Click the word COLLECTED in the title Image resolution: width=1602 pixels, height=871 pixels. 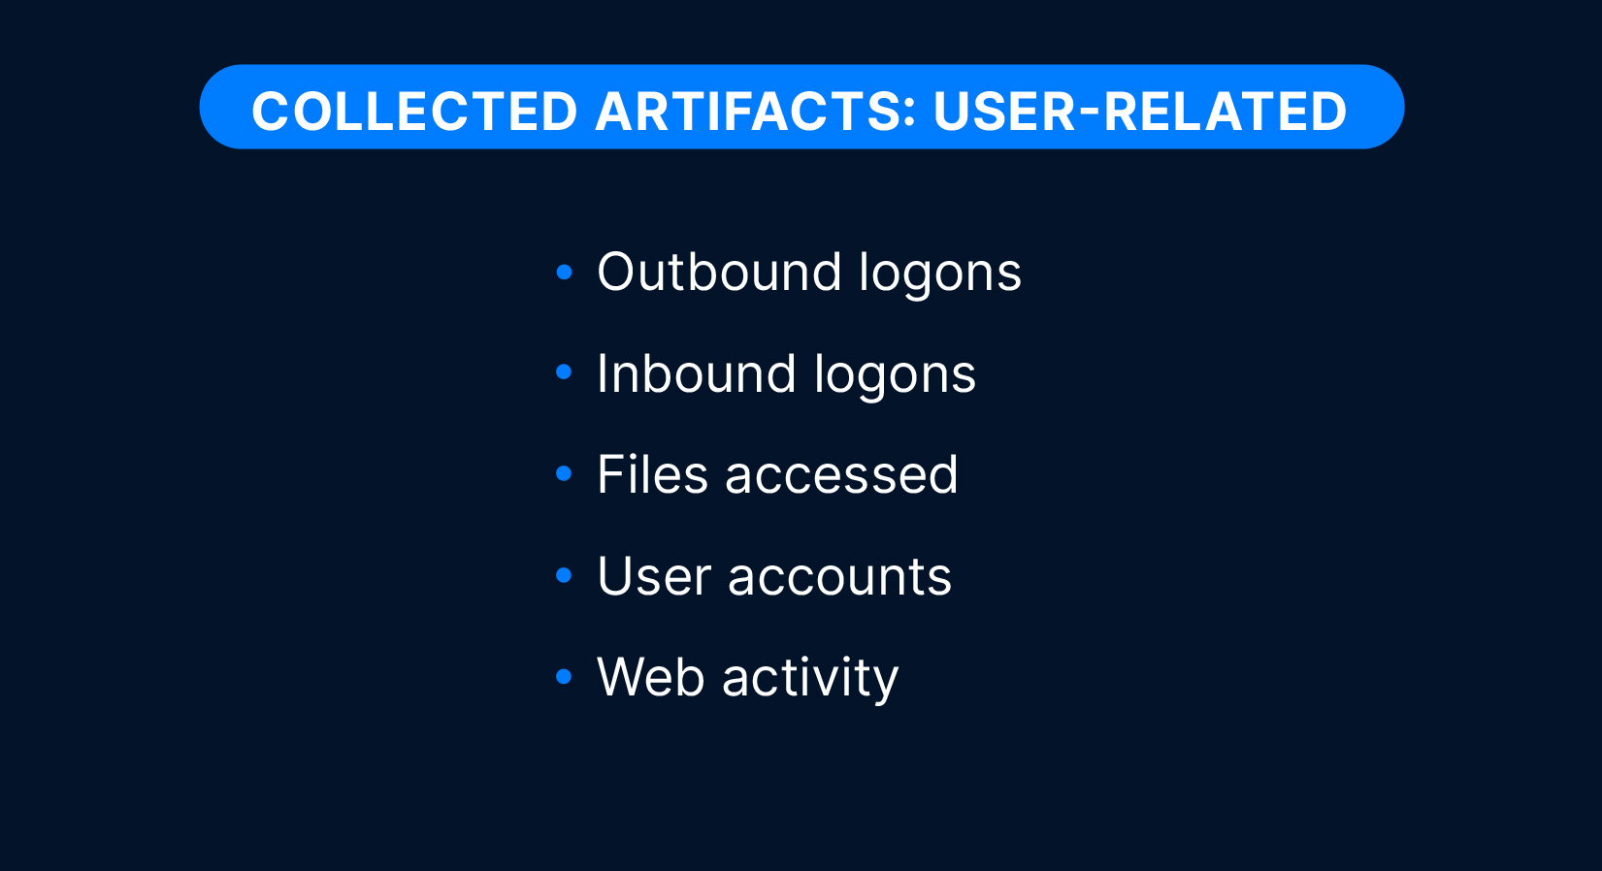click(414, 112)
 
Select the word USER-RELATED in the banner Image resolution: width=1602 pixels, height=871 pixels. click(1140, 112)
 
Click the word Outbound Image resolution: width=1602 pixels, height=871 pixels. click(719, 272)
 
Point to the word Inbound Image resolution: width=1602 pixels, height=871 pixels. click(696, 373)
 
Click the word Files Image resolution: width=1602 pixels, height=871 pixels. click(653, 474)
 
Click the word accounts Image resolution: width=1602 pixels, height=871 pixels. click(839, 577)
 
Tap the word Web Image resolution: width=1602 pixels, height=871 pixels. click(651, 676)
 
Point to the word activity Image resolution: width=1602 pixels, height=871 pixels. click(809, 678)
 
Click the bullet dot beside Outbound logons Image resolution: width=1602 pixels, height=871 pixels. click(565, 272)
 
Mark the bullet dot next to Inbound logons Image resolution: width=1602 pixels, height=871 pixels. click(565, 371)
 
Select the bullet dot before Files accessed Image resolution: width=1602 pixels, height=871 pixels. click(565, 473)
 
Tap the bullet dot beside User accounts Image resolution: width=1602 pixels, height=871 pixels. click(565, 575)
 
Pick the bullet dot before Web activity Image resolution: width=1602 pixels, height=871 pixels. click(565, 676)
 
